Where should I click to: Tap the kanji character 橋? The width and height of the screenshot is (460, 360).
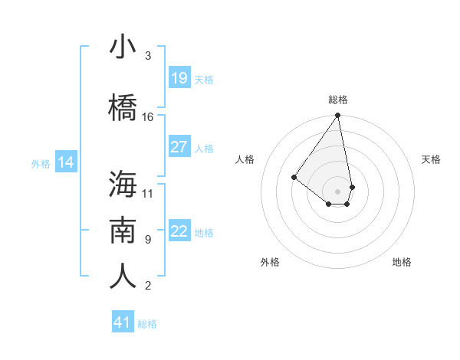point(123,108)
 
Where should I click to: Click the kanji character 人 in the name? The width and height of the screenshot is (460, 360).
point(123,276)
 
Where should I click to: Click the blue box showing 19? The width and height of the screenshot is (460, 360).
point(179,78)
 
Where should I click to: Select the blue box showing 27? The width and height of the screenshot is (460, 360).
point(179,147)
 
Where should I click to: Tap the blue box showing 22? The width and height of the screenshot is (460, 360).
point(179,231)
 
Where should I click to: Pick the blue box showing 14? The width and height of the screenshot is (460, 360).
point(65,162)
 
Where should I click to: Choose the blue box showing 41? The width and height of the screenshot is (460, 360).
point(123,322)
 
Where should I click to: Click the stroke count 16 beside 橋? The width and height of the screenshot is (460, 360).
point(148,117)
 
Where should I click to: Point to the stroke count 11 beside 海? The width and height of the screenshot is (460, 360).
point(148,193)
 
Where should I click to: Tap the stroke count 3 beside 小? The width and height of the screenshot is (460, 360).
point(148,56)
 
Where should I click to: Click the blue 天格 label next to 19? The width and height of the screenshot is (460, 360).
point(204,79)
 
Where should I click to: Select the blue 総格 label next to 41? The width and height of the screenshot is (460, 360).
point(147,324)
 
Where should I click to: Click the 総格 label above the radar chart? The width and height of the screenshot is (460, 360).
point(338,100)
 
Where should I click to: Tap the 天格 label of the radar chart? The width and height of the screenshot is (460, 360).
point(432,159)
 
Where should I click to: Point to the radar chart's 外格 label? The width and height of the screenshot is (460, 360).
point(270,262)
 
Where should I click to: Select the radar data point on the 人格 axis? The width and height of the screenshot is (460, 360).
point(294,177)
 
